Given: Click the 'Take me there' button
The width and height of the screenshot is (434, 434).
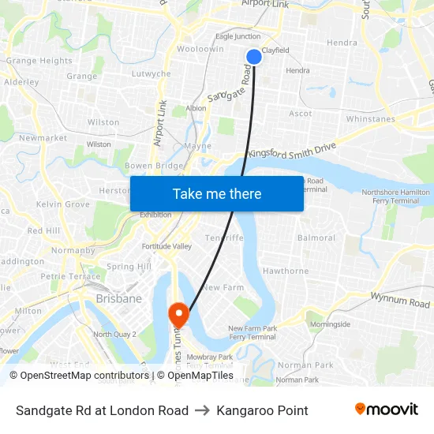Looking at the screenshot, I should pyautogui.click(x=217, y=193).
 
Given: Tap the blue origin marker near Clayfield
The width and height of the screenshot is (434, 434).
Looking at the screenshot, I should pyautogui.click(x=253, y=57).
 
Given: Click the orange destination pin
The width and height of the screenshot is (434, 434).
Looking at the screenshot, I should pyautogui.click(x=179, y=314).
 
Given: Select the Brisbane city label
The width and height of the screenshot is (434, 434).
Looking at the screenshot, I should pyautogui.click(x=118, y=299).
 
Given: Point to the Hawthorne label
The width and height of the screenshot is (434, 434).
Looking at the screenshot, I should pyautogui.click(x=286, y=271).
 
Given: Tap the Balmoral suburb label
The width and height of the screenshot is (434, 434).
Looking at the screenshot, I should pyautogui.click(x=316, y=238).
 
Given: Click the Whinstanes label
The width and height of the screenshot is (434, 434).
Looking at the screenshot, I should pyautogui.click(x=370, y=119).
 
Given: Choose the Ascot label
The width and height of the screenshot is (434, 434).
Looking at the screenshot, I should pyautogui.click(x=301, y=114).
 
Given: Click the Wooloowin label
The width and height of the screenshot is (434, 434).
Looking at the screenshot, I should pyautogui.click(x=200, y=49).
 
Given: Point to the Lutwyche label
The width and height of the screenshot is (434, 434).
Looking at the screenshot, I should pyautogui.click(x=151, y=74).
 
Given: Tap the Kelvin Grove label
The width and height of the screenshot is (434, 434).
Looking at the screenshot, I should pyautogui.click(x=63, y=204).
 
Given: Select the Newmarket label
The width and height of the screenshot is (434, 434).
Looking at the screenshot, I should pyautogui.click(x=43, y=138).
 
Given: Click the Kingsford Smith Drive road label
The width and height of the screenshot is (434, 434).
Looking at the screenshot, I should pyautogui.click(x=293, y=150).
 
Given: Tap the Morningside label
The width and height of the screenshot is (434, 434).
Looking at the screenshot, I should pyautogui.click(x=330, y=324).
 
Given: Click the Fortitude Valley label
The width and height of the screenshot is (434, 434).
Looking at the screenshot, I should pyautogui.click(x=166, y=246).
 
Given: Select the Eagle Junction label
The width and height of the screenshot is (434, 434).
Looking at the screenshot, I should pyautogui.click(x=238, y=36).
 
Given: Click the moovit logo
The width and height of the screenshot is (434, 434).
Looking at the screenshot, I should pyautogui.click(x=386, y=410).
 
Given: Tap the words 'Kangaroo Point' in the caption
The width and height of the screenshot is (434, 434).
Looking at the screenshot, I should pyautogui.click(x=262, y=410).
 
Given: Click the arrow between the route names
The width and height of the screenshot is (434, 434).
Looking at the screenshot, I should pyautogui.click(x=202, y=410).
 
